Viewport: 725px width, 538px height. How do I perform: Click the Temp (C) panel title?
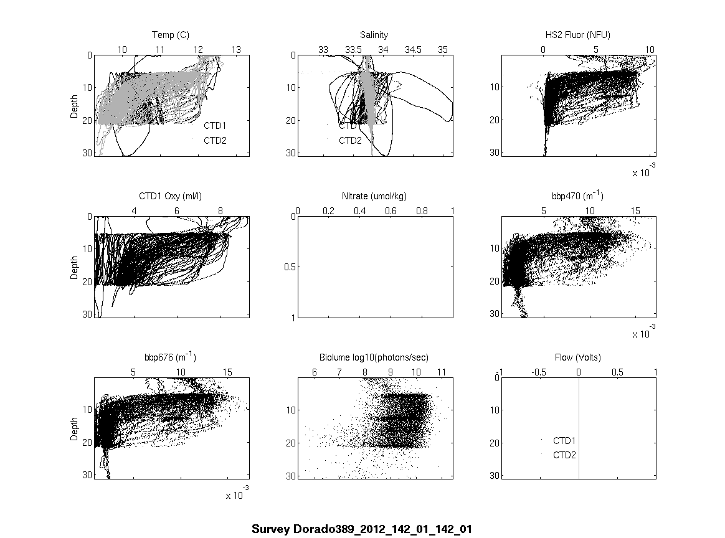point(171,35)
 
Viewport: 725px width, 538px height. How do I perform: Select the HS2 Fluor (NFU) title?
point(577,35)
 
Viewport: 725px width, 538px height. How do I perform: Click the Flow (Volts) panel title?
point(577,357)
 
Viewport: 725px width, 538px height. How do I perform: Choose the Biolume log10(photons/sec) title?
point(374,357)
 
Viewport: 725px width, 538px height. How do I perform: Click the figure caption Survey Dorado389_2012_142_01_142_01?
point(362,529)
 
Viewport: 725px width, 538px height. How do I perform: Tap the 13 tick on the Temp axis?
point(236,49)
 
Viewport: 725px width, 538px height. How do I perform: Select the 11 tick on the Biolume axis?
point(442,372)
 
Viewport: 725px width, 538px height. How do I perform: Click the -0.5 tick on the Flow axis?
point(539,372)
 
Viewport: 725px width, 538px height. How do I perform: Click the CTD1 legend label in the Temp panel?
point(216,126)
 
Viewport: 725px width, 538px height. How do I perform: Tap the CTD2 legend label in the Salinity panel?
point(350,141)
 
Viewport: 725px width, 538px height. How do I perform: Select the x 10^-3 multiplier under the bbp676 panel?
point(237,495)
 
